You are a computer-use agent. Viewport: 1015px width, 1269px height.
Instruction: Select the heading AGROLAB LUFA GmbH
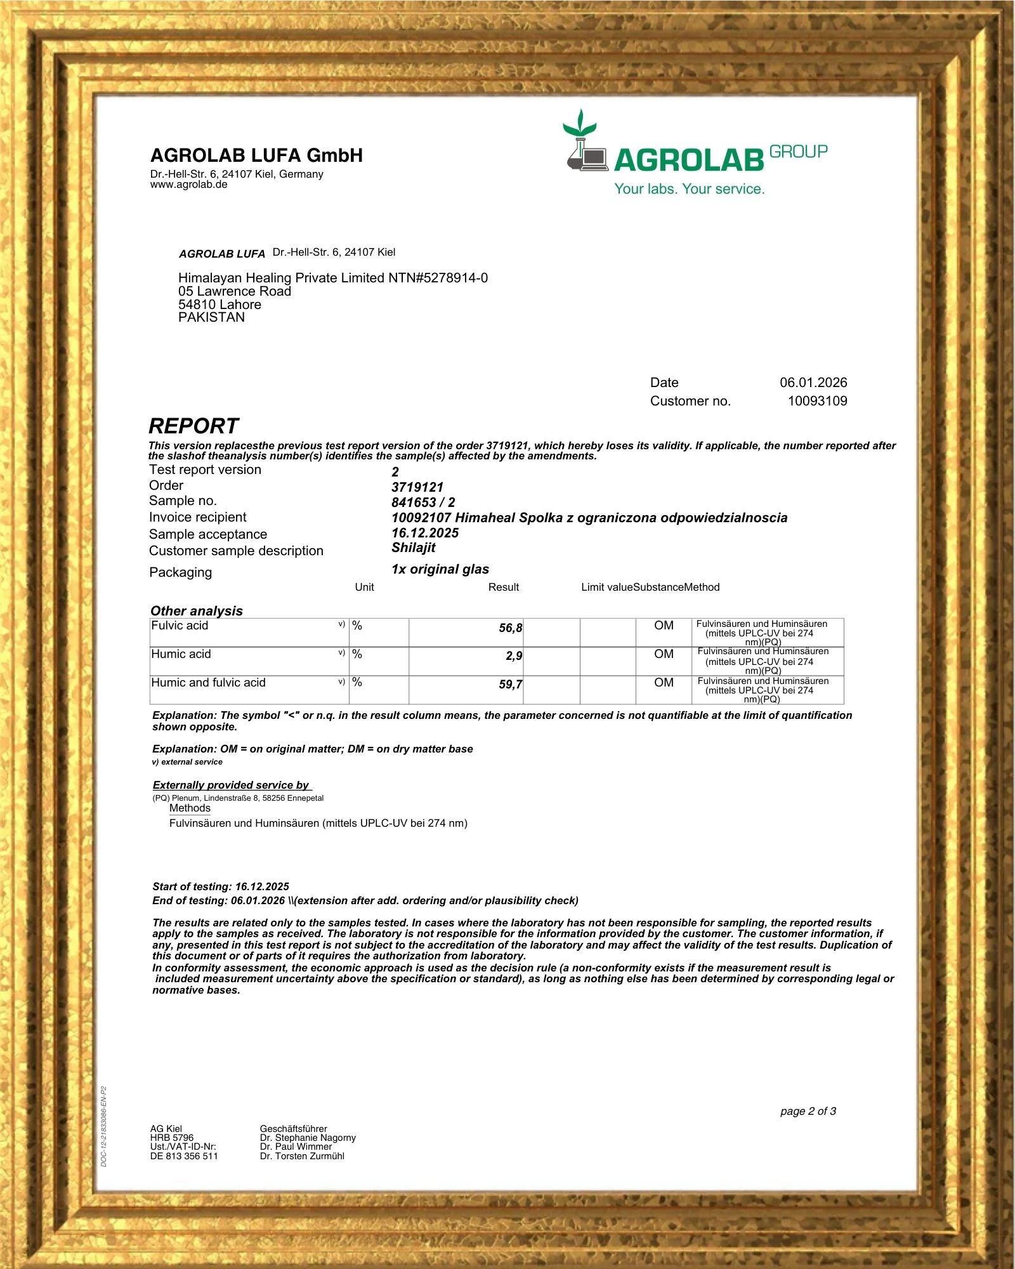256,155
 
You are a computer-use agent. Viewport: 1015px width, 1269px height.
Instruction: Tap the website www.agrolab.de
188,185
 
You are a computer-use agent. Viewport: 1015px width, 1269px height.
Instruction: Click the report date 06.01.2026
813,383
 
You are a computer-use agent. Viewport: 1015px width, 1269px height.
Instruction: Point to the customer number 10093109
817,401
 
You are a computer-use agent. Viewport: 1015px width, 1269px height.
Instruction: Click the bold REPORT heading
193,426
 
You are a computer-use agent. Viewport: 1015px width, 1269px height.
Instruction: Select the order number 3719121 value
417,487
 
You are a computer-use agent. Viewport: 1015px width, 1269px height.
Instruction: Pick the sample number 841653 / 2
423,503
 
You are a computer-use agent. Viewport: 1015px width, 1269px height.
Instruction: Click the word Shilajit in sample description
414,548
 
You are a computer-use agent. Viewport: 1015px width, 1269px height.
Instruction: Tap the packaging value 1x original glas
440,569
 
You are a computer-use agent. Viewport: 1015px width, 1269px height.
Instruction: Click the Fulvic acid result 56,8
511,628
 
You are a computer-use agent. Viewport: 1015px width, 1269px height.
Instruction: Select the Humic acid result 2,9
514,656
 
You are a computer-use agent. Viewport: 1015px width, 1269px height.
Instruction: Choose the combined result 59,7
511,685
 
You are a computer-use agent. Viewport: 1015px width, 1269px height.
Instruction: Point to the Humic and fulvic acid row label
208,683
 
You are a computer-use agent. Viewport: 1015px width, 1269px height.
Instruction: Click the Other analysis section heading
197,611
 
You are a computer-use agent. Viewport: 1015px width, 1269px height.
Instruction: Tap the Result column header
504,588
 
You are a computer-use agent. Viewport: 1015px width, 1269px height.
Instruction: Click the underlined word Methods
190,808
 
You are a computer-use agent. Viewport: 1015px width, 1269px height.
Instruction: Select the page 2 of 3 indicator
808,1111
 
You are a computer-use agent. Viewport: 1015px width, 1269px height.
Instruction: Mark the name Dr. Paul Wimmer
296,1147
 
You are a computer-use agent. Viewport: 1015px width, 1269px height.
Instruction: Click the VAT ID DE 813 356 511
184,1156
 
